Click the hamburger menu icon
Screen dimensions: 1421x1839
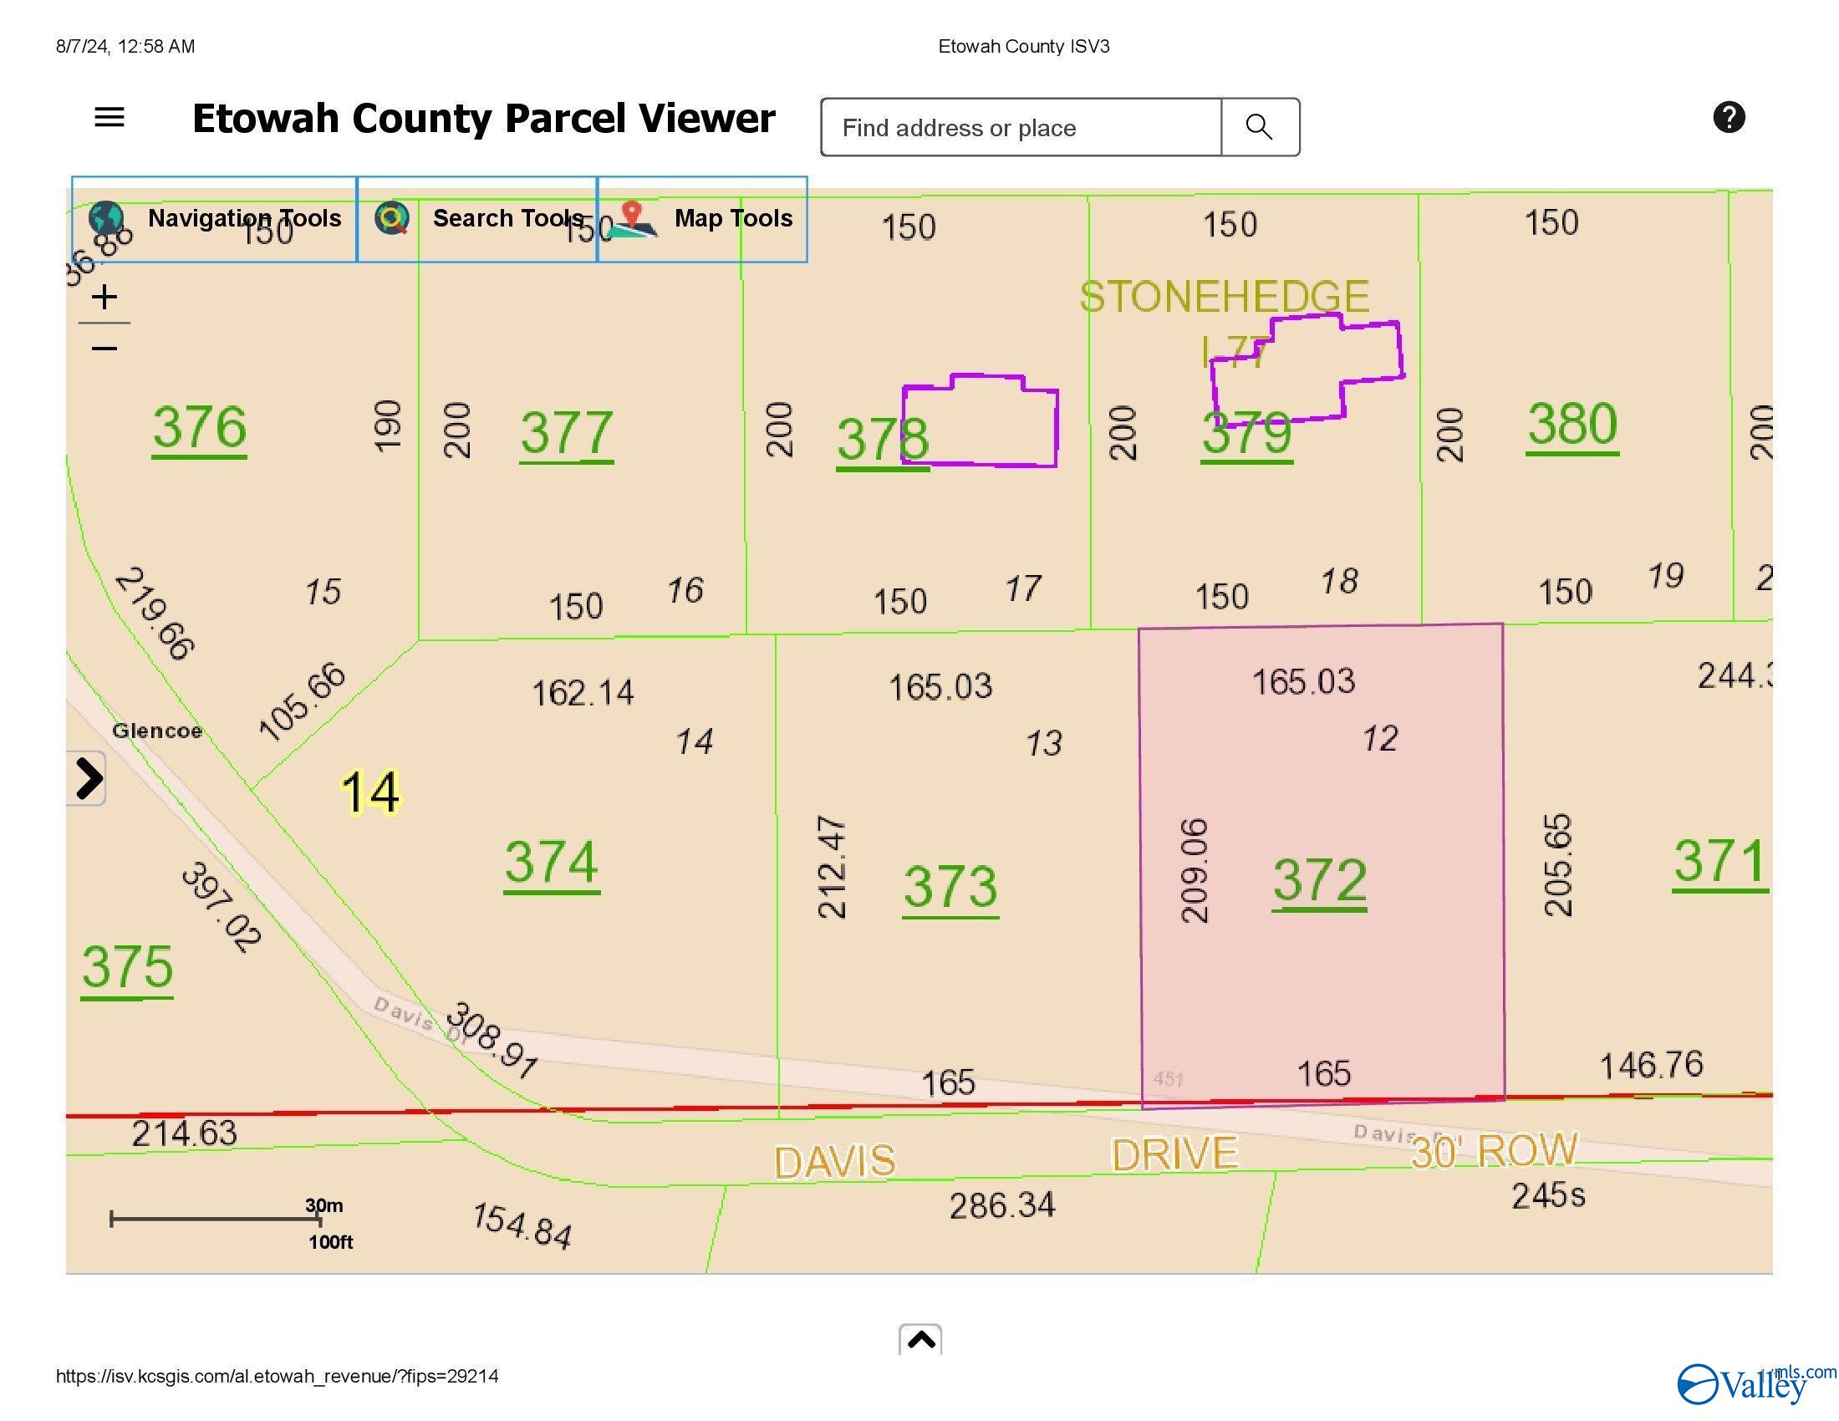[110, 117]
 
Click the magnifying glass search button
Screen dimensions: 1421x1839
[1259, 127]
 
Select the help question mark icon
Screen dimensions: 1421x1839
[1729, 117]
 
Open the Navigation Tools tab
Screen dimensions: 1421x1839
[215, 219]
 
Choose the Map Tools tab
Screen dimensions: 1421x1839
[702, 219]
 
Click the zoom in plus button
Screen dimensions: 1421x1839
[104, 298]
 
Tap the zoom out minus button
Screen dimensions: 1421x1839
[104, 349]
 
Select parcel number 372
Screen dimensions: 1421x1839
[1318, 880]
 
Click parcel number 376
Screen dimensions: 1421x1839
[200, 428]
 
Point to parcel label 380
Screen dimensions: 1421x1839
[1572, 425]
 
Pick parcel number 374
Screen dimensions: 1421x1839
[552, 863]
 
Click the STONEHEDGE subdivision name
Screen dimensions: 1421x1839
[1225, 298]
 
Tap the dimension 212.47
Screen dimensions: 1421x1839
[832, 866]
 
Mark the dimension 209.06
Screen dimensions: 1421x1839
[1195, 870]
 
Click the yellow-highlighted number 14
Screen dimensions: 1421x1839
[369, 793]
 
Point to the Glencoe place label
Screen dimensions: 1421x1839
[157, 731]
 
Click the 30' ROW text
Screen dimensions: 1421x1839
[1494, 1151]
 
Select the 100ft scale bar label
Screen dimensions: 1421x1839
[330, 1241]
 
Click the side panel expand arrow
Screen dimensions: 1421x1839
[88, 778]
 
